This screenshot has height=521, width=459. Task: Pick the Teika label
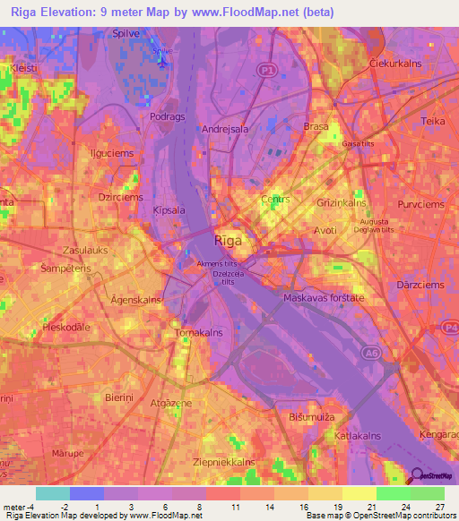(433, 120)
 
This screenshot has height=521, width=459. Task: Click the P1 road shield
(265, 69)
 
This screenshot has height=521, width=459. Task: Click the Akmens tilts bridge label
(218, 264)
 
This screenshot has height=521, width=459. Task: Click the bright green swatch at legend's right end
(428, 493)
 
